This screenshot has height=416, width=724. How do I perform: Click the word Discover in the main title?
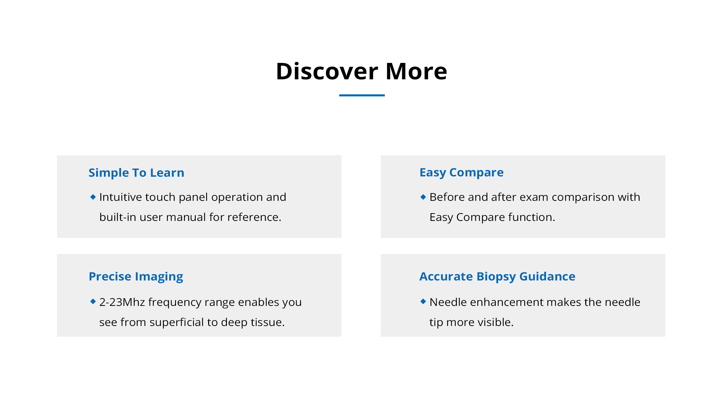pos(327,71)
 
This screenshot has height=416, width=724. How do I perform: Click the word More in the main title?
pos(417,71)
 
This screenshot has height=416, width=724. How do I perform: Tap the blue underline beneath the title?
pos(362,95)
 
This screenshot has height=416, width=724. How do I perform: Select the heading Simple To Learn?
pos(136,173)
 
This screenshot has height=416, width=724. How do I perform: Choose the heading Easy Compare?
pos(462,173)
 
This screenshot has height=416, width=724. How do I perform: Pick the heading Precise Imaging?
pos(136,277)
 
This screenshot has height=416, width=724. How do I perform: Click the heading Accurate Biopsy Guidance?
pos(497,277)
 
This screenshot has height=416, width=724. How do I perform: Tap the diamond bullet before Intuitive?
pos(93,197)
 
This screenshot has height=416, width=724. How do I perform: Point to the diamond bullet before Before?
pos(423,197)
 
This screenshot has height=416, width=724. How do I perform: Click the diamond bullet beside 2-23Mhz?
pos(93,302)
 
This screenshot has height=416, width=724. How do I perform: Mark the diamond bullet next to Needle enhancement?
pos(423,302)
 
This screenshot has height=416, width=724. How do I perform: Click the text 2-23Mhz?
pos(122,302)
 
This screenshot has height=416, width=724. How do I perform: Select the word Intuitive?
pos(121,197)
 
